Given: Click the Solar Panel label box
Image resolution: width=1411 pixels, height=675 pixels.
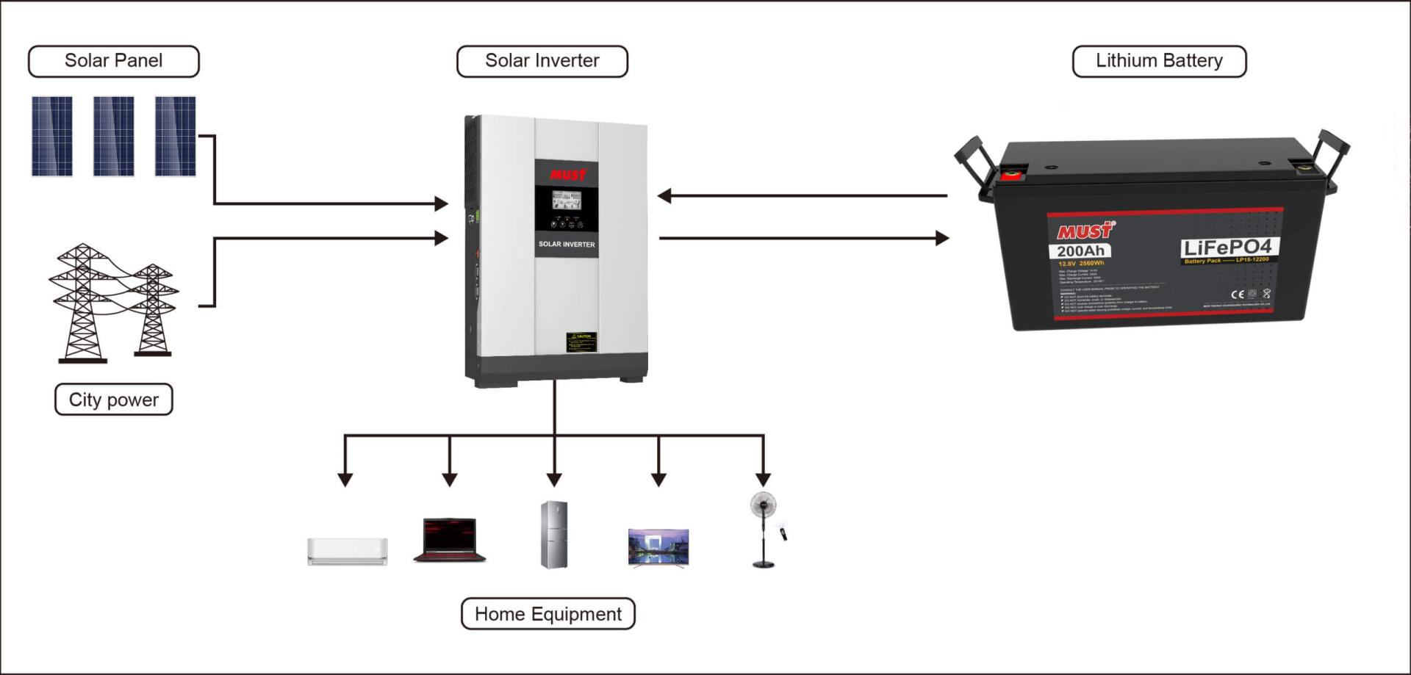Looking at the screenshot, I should (x=114, y=61).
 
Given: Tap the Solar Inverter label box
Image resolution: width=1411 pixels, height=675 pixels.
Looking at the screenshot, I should (x=542, y=61).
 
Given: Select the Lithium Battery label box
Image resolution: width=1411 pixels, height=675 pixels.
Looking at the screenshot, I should (x=1159, y=61).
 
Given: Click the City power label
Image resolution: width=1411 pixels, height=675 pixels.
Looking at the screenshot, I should (x=114, y=400).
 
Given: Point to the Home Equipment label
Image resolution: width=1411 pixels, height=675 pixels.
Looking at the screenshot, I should (x=548, y=614).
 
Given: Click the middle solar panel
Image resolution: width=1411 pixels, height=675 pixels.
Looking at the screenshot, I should (x=114, y=136).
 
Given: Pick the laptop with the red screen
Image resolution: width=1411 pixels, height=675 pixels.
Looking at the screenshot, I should (x=450, y=539).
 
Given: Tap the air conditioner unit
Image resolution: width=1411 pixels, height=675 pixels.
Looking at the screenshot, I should (x=348, y=551).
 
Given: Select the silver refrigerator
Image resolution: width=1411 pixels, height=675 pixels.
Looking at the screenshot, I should (x=554, y=535).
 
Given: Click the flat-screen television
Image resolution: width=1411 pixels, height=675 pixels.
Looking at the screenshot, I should (x=658, y=547).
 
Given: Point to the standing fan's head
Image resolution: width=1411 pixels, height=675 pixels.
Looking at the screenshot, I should (x=763, y=505).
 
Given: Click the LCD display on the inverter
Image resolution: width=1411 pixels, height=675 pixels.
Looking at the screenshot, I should (x=567, y=200).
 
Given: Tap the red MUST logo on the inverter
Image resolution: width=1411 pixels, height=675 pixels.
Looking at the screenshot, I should (x=568, y=175).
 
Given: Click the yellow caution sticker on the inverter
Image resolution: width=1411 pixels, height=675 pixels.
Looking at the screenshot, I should (x=581, y=342).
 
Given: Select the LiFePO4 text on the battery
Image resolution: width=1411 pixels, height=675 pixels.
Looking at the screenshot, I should (x=1227, y=248).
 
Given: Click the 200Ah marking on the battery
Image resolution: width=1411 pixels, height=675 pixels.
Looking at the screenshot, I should (x=1080, y=251).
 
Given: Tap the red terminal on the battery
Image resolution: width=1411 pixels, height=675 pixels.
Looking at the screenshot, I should (x=1012, y=175).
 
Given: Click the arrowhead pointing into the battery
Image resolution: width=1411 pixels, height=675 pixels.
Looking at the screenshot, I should (x=941, y=238).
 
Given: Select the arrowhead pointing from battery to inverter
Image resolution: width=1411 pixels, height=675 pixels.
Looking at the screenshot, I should (x=664, y=196).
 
